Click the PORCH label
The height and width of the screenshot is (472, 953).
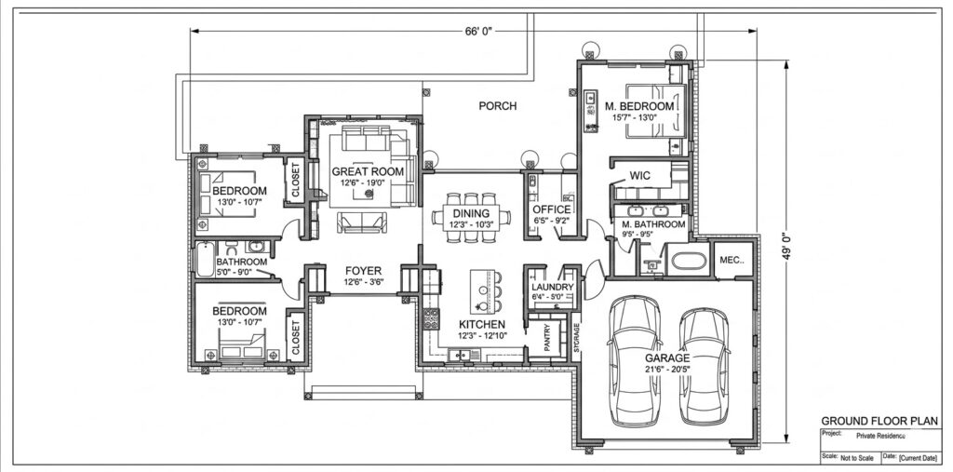[498, 106]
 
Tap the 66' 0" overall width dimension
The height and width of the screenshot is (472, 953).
[478, 32]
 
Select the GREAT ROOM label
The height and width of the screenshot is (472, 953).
[368, 171]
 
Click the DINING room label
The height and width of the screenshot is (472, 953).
[471, 213]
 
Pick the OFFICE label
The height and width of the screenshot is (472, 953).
[552, 209]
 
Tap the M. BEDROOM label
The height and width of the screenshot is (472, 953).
[639, 106]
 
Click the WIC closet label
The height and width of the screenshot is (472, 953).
[640, 176]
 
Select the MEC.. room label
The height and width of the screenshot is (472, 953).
[732, 260]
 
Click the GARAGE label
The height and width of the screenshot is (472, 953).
[667, 358]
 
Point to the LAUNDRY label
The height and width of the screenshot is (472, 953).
[553, 287]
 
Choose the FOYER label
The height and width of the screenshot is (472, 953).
[364, 271]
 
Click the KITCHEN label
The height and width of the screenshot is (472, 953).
[482, 324]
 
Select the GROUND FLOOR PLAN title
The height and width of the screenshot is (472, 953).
[879, 421]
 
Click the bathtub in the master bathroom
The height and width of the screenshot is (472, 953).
[689, 261]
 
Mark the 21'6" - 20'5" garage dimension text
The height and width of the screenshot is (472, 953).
[668, 369]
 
